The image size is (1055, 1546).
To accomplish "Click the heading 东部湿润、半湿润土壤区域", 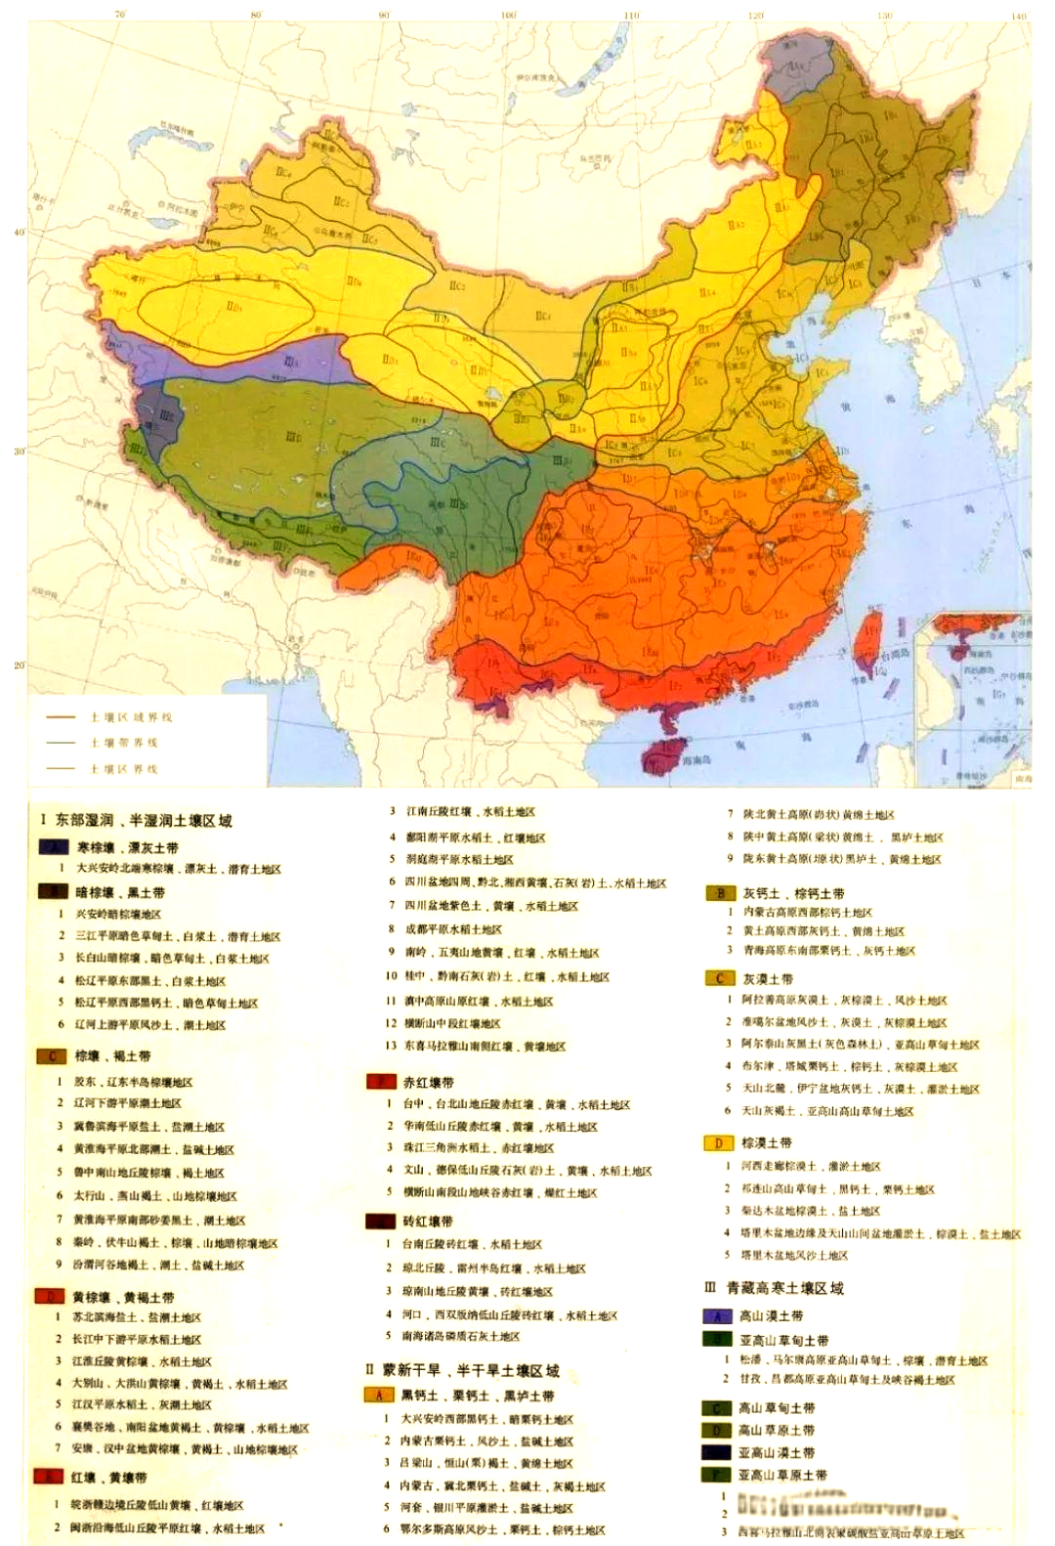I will (x=137, y=820).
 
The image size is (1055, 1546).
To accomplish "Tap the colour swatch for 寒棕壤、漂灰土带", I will (x=52, y=847).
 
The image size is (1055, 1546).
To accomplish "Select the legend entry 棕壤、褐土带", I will (x=111, y=1055).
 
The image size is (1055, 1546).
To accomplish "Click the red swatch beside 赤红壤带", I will (x=379, y=1082).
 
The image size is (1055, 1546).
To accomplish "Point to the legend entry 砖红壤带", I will (x=427, y=1221).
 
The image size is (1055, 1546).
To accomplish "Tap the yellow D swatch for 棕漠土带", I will (x=718, y=1142).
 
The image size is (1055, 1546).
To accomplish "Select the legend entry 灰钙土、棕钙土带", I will (x=793, y=892).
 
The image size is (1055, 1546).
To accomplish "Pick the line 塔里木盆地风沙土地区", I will (x=793, y=1255).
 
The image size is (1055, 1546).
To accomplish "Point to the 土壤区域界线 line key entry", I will (x=131, y=716).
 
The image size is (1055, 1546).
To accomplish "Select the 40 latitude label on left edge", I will (x=19, y=233).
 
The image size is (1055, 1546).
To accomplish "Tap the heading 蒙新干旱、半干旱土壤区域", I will (x=462, y=1370).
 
